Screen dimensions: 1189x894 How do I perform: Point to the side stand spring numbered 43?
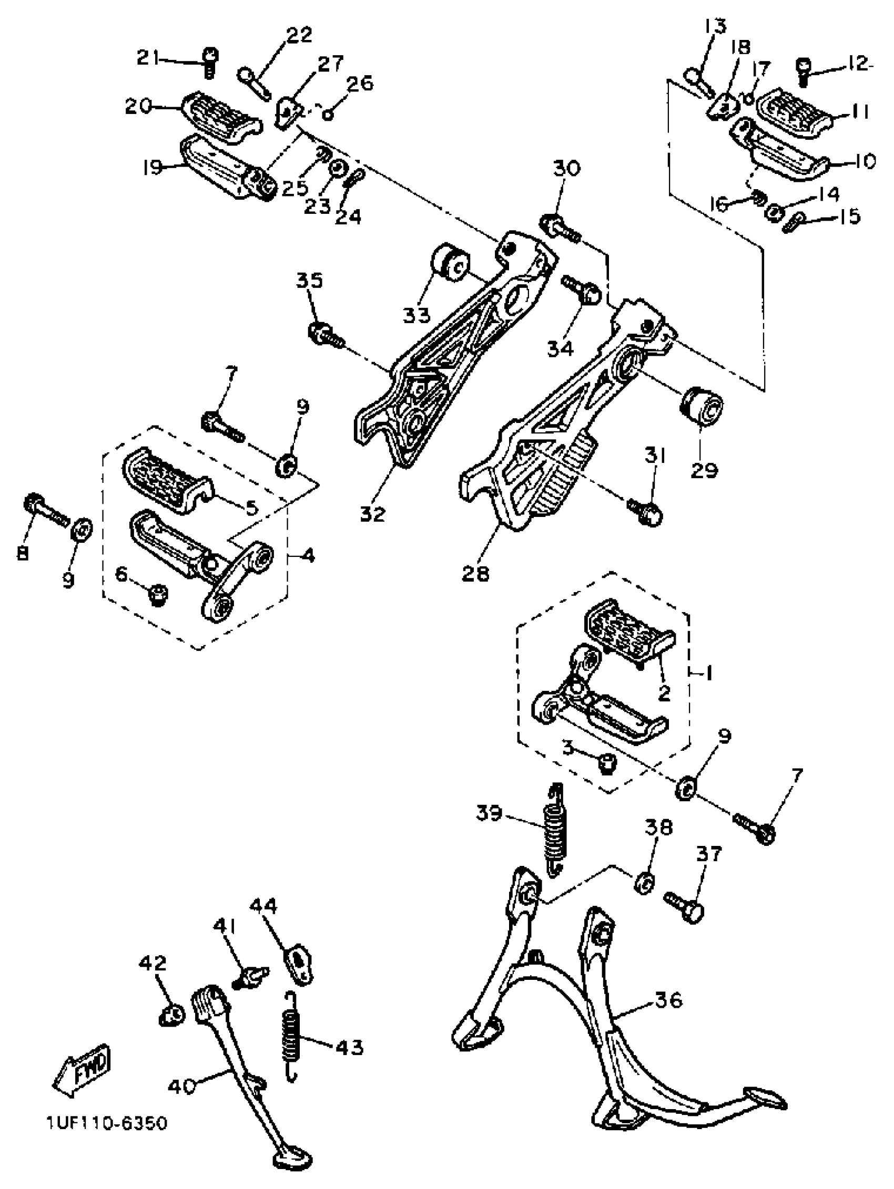[x=291, y=1036]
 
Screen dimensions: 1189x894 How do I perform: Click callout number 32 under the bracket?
[x=373, y=514]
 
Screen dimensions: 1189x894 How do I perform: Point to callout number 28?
[x=475, y=574]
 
